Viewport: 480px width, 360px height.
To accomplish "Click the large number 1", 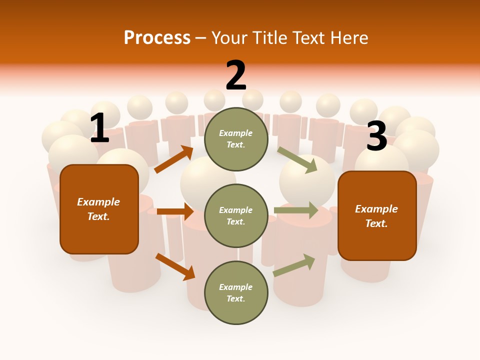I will [99, 128].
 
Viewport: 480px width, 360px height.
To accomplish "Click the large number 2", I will [236, 75].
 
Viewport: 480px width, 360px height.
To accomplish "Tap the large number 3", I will [376, 136].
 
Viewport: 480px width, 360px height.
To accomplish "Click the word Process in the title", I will [157, 37].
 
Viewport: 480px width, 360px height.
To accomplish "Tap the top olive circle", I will [236, 138].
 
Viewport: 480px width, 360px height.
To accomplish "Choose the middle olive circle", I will [236, 215].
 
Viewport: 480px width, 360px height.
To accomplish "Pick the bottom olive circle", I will [236, 292].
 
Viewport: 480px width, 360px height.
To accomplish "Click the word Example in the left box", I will [98, 202].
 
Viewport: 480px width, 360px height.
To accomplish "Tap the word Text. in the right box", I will [376, 223].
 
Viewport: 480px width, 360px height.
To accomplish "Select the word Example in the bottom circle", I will [236, 287].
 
